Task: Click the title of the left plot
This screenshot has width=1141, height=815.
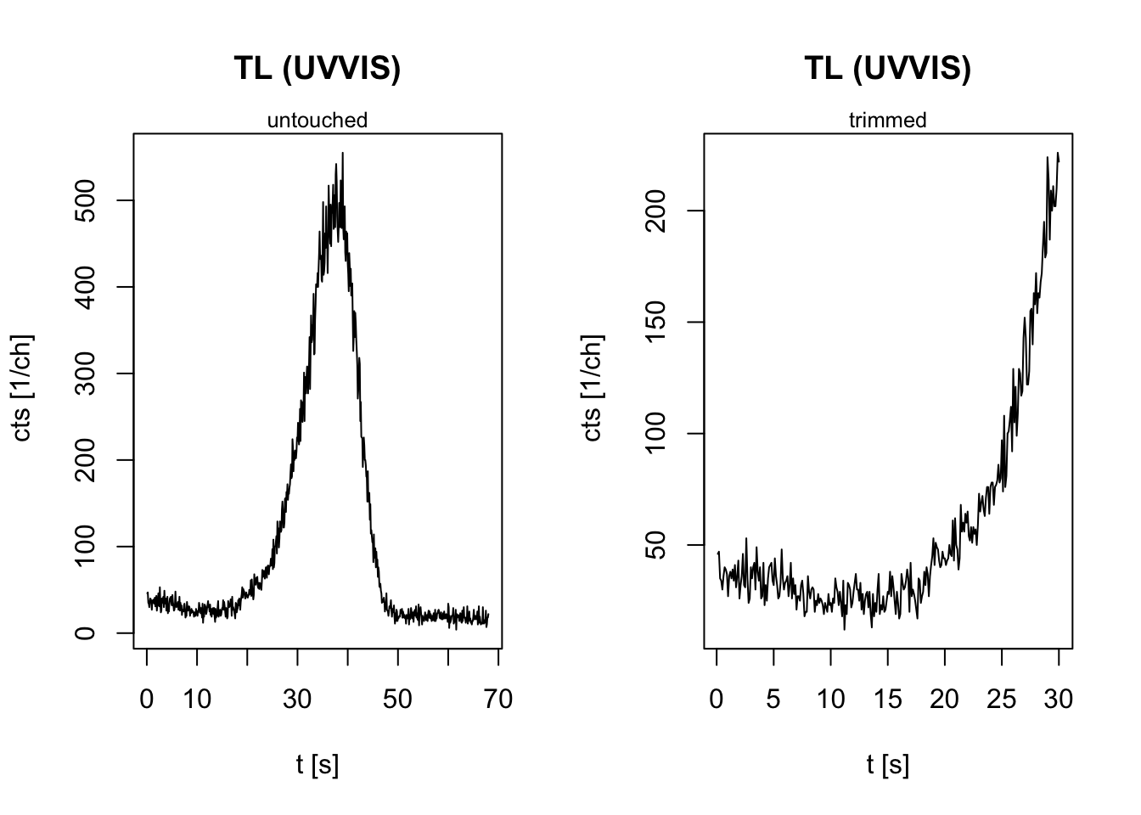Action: tap(317, 68)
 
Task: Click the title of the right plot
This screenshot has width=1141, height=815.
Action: tap(887, 68)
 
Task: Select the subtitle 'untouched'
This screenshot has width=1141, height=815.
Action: tap(317, 121)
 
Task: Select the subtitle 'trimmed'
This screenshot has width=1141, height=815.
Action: tap(887, 121)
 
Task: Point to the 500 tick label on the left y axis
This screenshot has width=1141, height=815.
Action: tap(86, 200)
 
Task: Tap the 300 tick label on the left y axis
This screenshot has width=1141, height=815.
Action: tap(86, 374)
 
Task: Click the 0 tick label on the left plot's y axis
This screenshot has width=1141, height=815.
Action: tap(86, 633)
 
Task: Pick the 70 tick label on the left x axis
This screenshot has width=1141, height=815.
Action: tap(497, 700)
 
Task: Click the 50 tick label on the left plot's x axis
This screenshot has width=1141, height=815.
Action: tap(397, 700)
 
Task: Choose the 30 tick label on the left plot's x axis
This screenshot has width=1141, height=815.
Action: tap(297, 700)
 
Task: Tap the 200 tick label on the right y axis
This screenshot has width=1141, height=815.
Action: tap(656, 211)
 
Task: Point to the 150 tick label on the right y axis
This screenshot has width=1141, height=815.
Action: tap(656, 323)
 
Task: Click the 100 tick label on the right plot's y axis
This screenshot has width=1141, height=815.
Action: tap(656, 434)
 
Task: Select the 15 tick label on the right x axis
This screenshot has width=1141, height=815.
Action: tap(887, 700)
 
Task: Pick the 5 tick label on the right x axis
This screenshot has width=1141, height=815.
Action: tap(773, 700)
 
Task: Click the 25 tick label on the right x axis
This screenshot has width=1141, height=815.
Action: tap(1001, 700)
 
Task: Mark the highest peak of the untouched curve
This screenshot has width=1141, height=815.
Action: tap(342, 154)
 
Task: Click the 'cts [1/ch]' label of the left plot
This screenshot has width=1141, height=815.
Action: tap(23, 388)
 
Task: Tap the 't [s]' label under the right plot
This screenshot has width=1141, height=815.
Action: tap(887, 765)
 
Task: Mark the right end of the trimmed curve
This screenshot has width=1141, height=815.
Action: tap(1059, 160)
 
